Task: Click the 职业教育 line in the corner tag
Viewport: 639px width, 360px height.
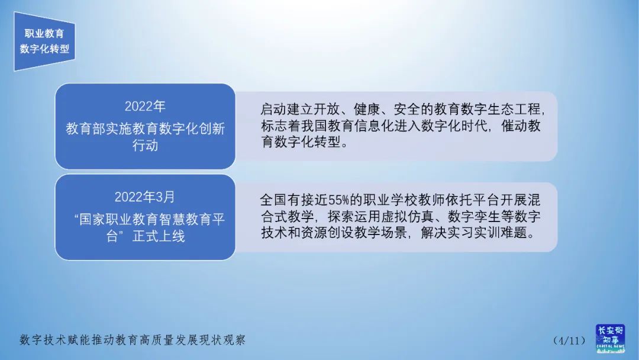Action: [x=44, y=34]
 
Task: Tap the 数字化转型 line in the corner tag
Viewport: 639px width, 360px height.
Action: [x=44, y=49]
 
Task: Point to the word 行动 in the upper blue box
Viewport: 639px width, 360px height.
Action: [x=145, y=146]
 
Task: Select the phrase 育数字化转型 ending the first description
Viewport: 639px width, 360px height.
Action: [x=302, y=143]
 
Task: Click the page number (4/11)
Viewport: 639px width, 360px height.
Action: [x=569, y=340]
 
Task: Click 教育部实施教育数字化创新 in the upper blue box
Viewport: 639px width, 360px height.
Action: [x=145, y=129]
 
